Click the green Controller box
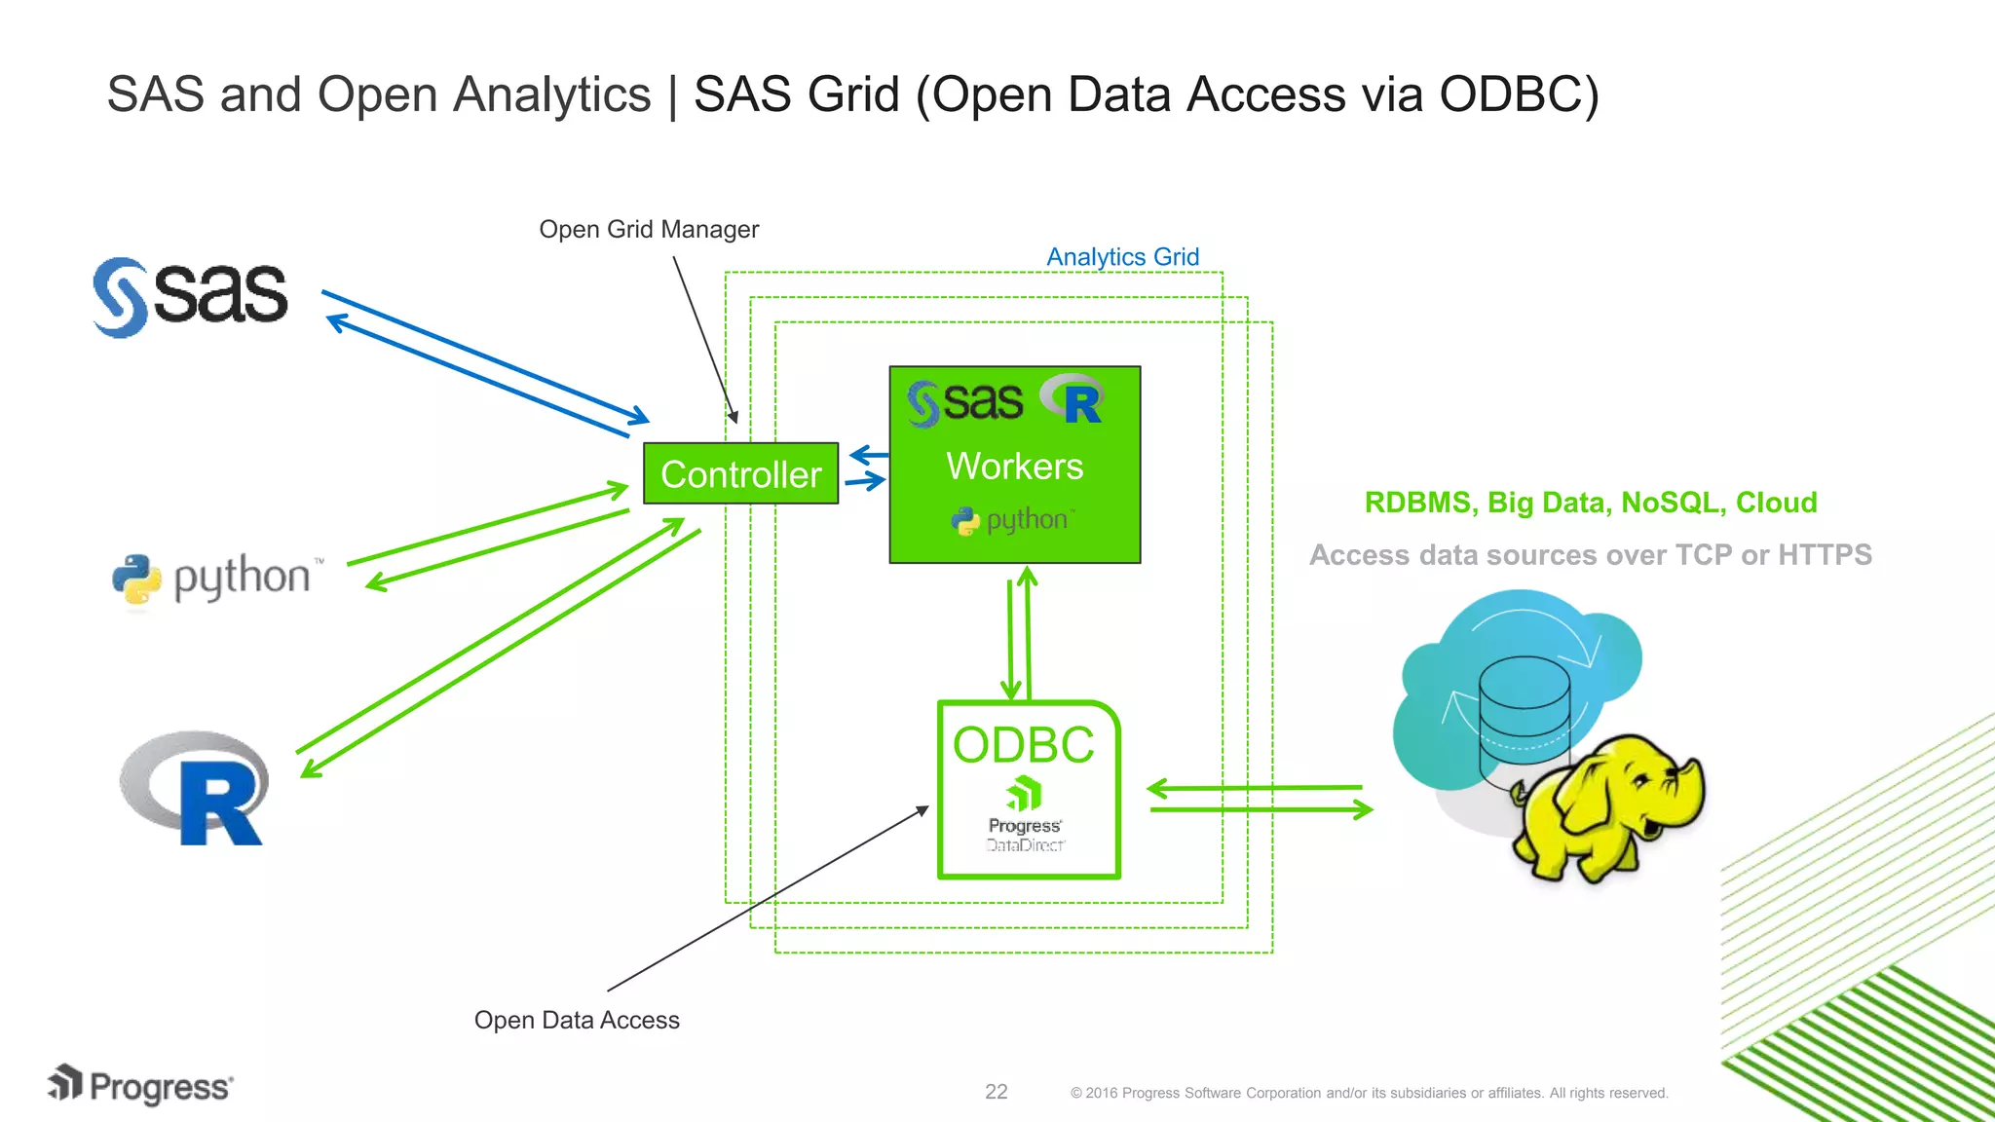[x=740, y=474]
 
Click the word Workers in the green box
[x=1014, y=467]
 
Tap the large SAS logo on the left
[x=191, y=296]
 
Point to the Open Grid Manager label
[x=649, y=230]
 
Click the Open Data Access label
[x=577, y=1020]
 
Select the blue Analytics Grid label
[x=1122, y=257]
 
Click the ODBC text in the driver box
[x=1023, y=745]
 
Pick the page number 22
[x=996, y=1092]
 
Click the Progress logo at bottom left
[x=141, y=1086]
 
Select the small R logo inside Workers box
[x=1073, y=399]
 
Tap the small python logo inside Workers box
[x=1012, y=520]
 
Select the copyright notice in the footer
[x=1369, y=1093]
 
